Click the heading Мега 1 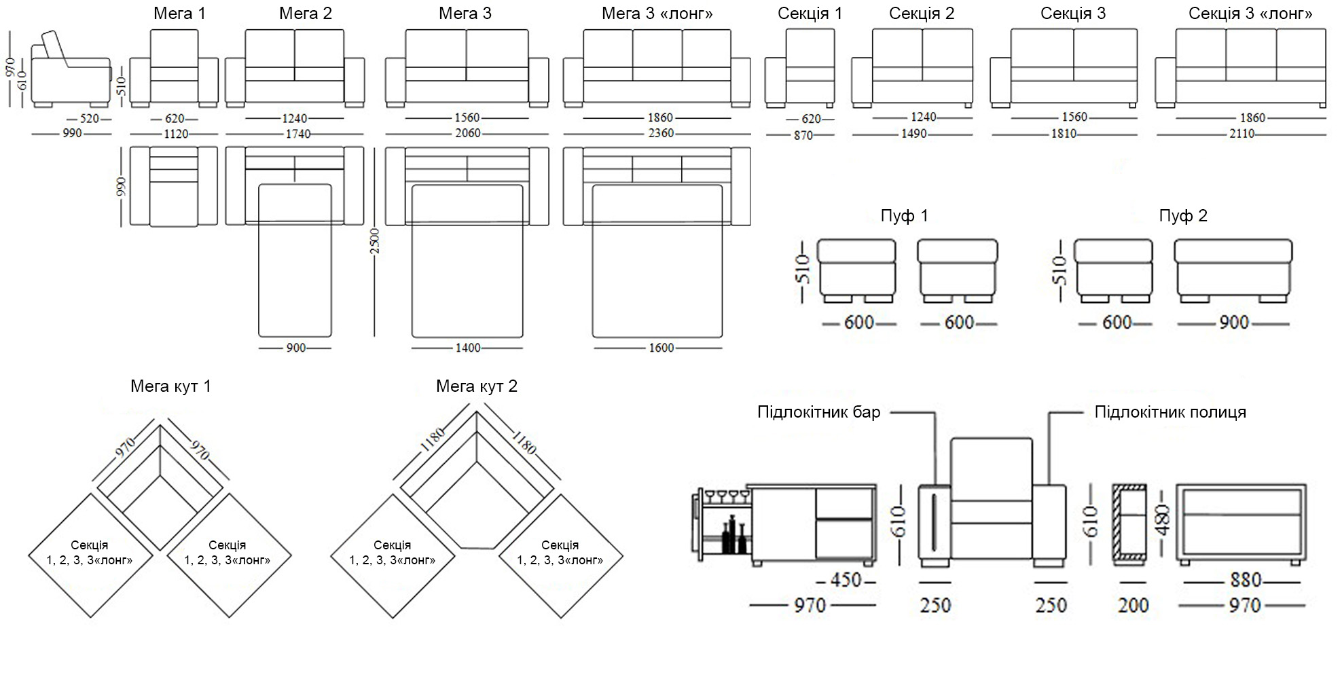[x=179, y=14]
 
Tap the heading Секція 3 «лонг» [x=1250, y=14]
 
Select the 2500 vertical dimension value [x=374, y=241]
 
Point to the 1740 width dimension [x=297, y=134]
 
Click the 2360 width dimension [x=661, y=133]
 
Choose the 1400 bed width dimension [x=467, y=348]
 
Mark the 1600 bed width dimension [x=661, y=348]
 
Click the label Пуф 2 [x=1183, y=216]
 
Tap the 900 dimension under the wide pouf [x=1233, y=323]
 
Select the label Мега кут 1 [x=170, y=386]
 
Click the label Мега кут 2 [x=476, y=386]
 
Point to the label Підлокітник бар [x=818, y=412]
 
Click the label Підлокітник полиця [x=1170, y=412]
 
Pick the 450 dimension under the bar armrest [x=846, y=581]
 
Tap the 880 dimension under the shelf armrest [x=1246, y=581]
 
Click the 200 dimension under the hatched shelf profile [x=1133, y=605]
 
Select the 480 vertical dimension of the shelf [x=1163, y=520]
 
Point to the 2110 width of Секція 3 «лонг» [x=1241, y=134]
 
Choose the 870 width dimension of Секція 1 [x=803, y=135]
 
